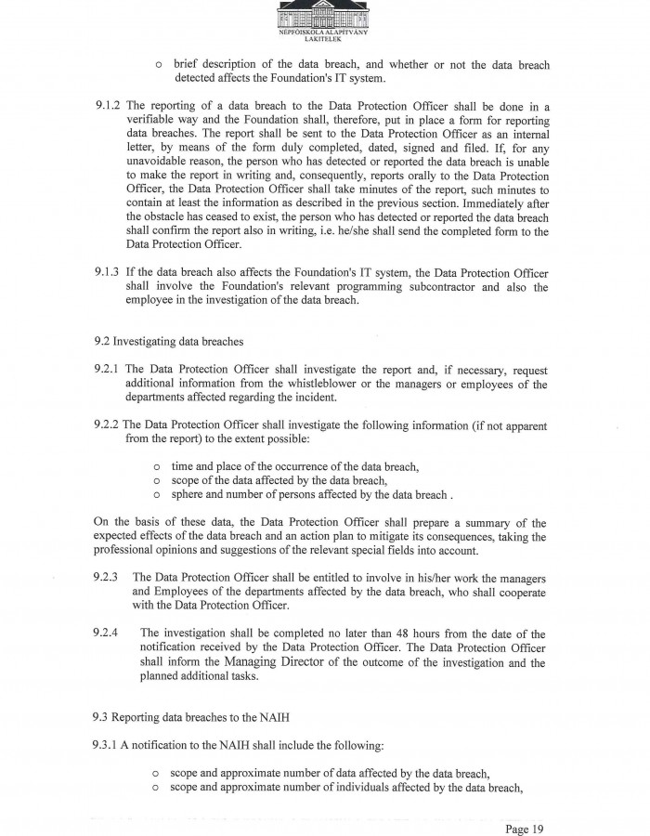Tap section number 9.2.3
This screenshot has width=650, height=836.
pyautogui.click(x=105, y=577)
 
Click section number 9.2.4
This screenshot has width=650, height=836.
pyautogui.click(x=105, y=634)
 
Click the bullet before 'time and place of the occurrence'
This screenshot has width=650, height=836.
pyautogui.click(x=157, y=466)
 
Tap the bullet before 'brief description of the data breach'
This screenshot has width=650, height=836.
pyautogui.click(x=160, y=65)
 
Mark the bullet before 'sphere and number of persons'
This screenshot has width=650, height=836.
pyautogui.click(x=157, y=495)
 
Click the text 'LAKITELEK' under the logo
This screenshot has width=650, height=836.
pyautogui.click(x=323, y=41)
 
